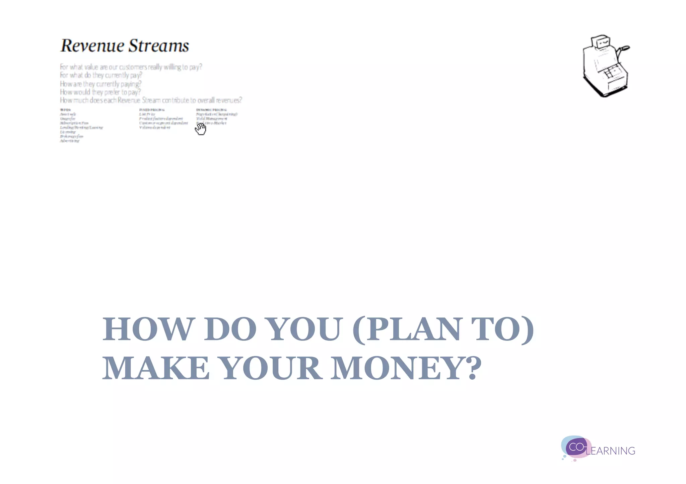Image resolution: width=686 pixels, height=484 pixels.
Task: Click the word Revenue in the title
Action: click(92, 46)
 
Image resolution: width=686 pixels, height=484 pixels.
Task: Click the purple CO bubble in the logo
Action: click(576, 447)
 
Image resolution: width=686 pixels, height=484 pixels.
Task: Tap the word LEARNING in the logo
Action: click(611, 451)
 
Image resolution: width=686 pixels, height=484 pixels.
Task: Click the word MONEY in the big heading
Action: click(406, 368)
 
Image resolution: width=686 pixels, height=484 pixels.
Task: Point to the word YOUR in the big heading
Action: click(271, 368)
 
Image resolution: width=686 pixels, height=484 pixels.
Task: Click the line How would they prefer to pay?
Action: click(100, 92)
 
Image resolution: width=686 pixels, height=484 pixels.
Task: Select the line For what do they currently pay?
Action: click(101, 75)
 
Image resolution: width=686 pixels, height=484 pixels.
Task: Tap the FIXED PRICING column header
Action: click(152, 110)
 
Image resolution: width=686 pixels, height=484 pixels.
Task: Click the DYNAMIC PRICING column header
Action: click(211, 110)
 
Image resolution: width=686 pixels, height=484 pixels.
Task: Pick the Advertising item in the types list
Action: click(70, 141)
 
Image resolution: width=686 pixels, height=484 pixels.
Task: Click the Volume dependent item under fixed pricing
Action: click(155, 127)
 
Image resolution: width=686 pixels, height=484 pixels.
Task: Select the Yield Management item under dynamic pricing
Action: click(211, 119)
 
